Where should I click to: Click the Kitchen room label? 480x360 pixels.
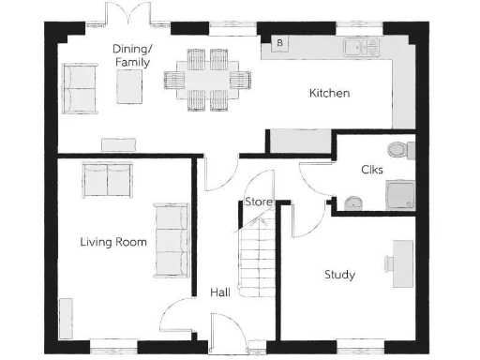[x=329, y=94]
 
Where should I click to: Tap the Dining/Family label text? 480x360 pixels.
[x=130, y=55]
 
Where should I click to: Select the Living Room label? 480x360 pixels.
[x=113, y=243]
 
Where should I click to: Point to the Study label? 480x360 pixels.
[x=338, y=275]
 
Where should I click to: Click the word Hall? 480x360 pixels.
[x=220, y=293]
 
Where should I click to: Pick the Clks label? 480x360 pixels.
[x=371, y=170]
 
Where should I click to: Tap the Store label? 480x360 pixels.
[x=258, y=202]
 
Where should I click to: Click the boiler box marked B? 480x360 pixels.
[x=278, y=43]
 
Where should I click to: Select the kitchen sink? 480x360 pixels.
[x=360, y=45]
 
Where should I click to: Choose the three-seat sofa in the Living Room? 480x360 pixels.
[x=171, y=240]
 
